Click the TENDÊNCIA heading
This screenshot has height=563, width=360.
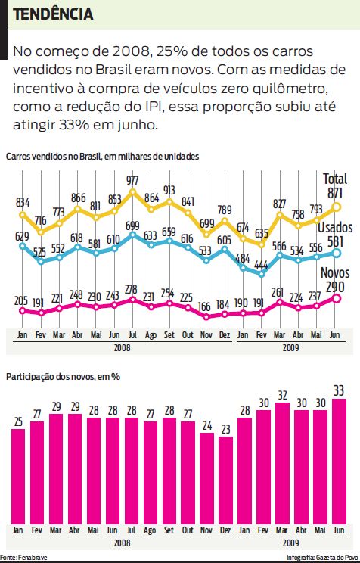click(x=54, y=14)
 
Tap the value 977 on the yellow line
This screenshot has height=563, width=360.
click(x=132, y=180)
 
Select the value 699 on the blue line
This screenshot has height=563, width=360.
click(x=132, y=226)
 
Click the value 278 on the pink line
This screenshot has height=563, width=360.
click(x=132, y=290)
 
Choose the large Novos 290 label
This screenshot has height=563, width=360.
click(x=333, y=280)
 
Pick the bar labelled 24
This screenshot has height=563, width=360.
click(x=207, y=474)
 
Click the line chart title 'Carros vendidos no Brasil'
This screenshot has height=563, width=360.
click(x=102, y=156)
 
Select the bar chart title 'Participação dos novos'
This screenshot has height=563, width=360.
click(x=64, y=376)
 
